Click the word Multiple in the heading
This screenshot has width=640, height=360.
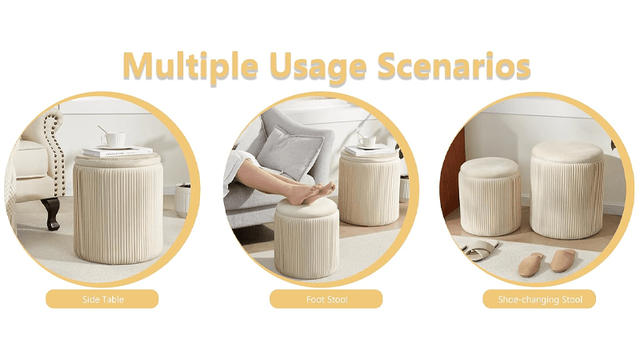[x=190, y=66]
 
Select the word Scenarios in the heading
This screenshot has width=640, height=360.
[x=454, y=66]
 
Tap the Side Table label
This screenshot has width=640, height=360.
[x=102, y=299]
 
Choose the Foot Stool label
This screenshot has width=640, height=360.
[x=326, y=299]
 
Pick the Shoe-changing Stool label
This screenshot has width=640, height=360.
[x=539, y=299]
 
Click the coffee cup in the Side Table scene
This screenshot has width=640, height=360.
[x=112, y=138]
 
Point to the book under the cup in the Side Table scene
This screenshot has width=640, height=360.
[x=118, y=151]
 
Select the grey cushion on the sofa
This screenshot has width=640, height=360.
[x=289, y=153]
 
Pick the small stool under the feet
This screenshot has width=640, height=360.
[x=306, y=238]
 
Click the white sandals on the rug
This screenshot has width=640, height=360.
[x=478, y=250]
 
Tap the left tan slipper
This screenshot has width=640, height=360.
[x=530, y=265]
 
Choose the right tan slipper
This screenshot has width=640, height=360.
[x=562, y=261]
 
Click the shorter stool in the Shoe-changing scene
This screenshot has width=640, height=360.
[x=489, y=196]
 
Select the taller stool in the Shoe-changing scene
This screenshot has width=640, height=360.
[x=566, y=190]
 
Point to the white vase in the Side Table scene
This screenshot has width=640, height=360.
[x=182, y=200]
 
